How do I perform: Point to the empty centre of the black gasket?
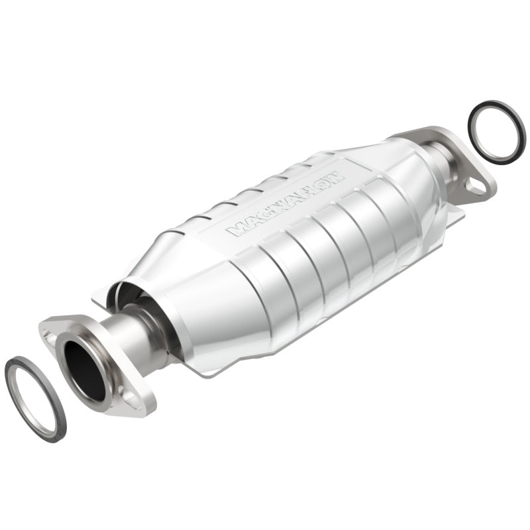coord(497,132)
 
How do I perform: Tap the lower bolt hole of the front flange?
coord(130,398)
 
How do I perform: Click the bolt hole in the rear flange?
coord(475,187)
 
